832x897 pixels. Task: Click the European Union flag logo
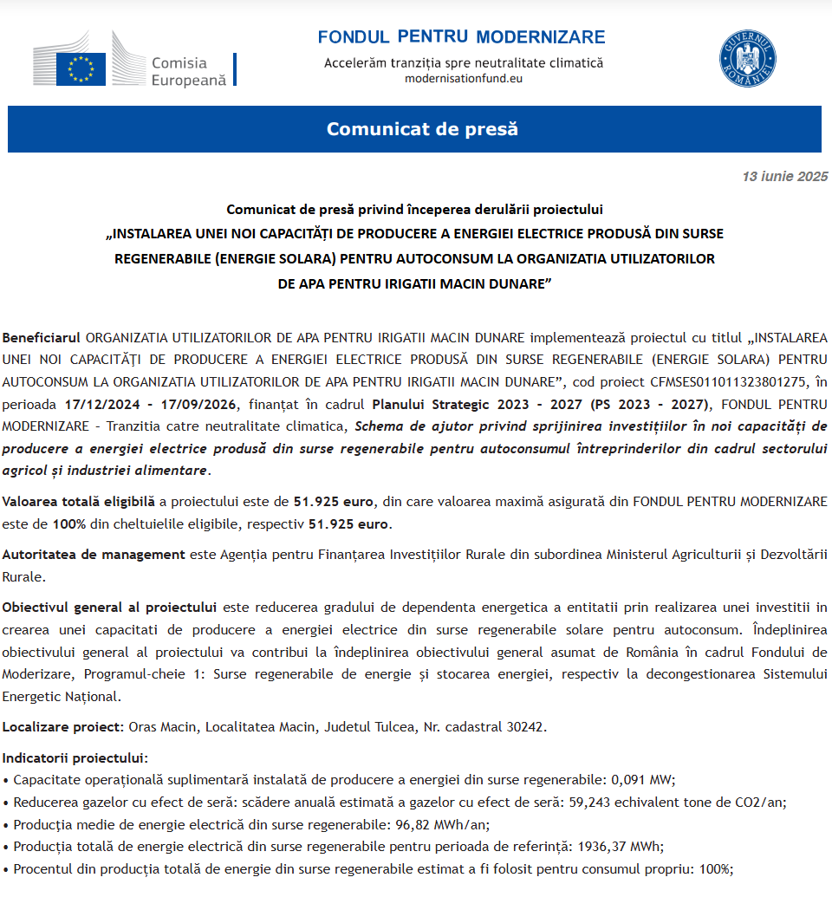tap(81, 68)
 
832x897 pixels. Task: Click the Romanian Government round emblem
tap(747, 58)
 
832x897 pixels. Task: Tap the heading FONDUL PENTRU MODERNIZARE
tap(461, 37)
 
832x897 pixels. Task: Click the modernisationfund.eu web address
tap(464, 78)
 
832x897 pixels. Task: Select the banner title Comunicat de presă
tap(421, 129)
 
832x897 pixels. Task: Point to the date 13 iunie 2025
tap(784, 177)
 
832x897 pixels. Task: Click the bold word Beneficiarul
tap(41, 336)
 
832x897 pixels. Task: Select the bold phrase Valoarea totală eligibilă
tap(78, 501)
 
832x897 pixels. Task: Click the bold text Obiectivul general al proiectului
tap(108, 606)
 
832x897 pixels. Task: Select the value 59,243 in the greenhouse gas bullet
tap(590, 802)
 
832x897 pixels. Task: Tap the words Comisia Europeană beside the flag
tap(187, 71)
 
